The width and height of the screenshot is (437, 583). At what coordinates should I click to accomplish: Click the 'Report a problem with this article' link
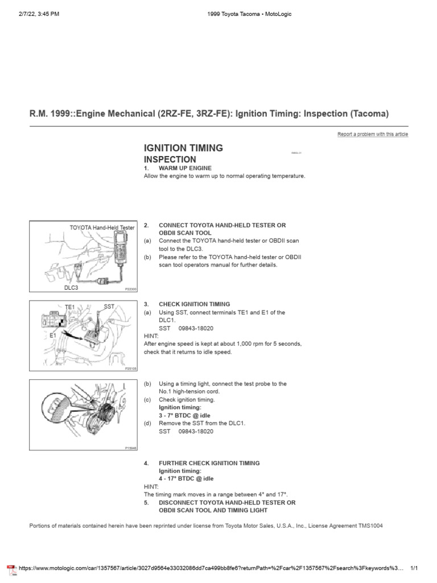click(373, 134)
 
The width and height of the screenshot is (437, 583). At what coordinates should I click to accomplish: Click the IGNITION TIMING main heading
click(183, 148)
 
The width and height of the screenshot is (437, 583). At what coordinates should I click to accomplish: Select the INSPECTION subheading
click(170, 159)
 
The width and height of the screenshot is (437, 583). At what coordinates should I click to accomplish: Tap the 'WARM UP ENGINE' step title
click(185, 169)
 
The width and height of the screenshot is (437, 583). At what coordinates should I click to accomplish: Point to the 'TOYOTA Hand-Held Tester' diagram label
click(102, 227)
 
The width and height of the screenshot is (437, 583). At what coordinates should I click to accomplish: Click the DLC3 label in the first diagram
click(72, 288)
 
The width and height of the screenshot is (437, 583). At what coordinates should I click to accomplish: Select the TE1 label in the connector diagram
click(70, 307)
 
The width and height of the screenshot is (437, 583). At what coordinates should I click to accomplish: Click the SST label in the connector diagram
click(109, 306)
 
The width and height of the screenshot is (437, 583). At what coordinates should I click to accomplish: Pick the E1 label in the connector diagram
click(53, 336)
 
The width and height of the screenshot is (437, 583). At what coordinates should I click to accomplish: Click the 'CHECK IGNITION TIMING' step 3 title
click(194, 305)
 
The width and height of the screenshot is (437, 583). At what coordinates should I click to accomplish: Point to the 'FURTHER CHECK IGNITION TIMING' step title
click(209, 463)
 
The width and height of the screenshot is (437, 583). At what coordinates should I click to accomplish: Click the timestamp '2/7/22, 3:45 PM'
click(38, 14)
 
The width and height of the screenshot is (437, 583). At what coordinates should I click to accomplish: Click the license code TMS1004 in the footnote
click(370, 526)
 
